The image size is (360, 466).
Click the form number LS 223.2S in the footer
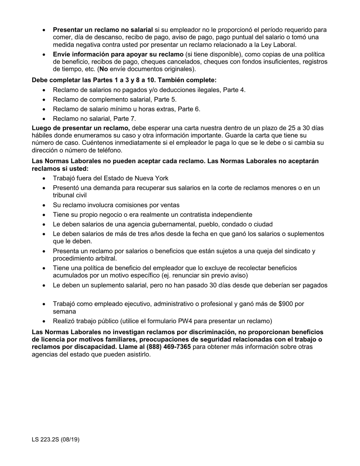47,440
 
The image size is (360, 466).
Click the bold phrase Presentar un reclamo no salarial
103,30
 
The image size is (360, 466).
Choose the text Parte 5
166,100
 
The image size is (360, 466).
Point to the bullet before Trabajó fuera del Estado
45,178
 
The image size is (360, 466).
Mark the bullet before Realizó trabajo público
45,321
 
